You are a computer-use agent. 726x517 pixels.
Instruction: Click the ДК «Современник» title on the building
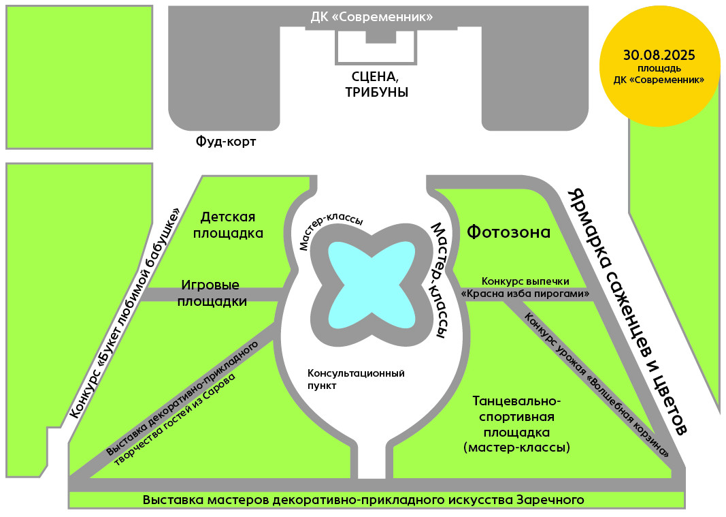(x=372, y=17)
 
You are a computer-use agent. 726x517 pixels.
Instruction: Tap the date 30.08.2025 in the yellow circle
(x=659, y=55)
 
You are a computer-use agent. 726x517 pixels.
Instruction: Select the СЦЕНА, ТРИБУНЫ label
(x=376, y=84)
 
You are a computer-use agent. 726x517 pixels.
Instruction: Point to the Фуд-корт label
(x=225, y=141)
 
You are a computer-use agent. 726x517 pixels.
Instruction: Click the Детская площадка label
(x=228, y=225)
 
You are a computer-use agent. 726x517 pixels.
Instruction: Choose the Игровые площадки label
(x=212, y=293)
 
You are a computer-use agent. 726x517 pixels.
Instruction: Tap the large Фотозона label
(x=508, y=232)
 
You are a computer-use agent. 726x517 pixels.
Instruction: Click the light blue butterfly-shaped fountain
(x=372, y=285)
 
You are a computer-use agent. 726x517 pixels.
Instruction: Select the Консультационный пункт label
(x=356, y=379)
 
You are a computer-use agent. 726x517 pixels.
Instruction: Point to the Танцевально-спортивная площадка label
(x=516, y=424)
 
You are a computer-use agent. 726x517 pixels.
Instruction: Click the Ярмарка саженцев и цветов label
(x=627, y=311)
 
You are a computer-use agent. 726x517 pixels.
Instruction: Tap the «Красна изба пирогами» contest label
(x=525, y=294)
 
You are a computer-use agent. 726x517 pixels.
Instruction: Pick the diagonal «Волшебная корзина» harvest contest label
(x=597, y=385)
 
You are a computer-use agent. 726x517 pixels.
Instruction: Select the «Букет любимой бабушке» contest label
(x=125, y=312)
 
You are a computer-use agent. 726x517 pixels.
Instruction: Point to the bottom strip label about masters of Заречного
(x=363, y=500)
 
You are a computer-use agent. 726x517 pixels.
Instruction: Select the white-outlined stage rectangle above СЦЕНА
(x=376, y=47)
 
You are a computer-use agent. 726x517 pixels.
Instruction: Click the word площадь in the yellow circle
(x=659, y=69)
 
